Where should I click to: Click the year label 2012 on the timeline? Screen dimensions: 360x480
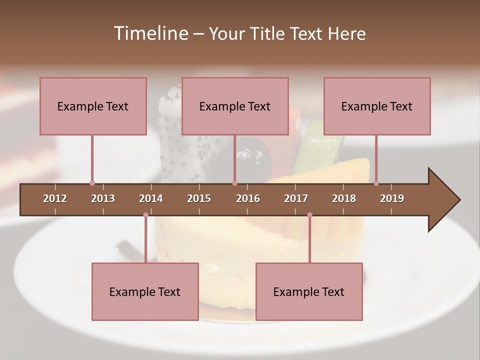pyautogui.click(x=55, y=198)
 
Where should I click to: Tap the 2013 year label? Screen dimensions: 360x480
pyautogui.click(x=103, y=198)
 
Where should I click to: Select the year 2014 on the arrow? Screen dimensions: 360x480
pyautogui.click(x=151, y=198)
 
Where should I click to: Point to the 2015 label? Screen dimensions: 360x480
pyautogui.click(x=199, y=198)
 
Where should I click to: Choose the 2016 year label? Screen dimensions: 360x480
pyautogui.click(x=248, y=198)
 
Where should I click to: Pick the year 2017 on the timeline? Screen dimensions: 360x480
pyautogui.click(x=296, y=198)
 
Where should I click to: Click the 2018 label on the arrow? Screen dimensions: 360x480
pyautogui.click(x=344, y=198)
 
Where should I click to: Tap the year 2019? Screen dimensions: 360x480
pyautogui.click(x=392, y=198)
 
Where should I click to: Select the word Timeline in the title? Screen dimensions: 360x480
pyautogui.click(x=149, y=33)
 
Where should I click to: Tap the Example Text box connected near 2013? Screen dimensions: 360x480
pyautogui.click(x=93, y=106)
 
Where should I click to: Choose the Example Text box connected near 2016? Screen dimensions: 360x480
pyautogui.click(x=235, y=106)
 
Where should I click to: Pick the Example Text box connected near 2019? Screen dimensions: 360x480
pyautogui.click(x=377, y=106)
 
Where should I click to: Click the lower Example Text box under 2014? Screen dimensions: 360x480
pyautogui.click(x=145, y=291)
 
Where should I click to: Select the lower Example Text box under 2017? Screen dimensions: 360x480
pyautogui.click(x=309, y=291)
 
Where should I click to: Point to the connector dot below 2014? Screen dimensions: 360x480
pyautogui.click(x=145, y=215)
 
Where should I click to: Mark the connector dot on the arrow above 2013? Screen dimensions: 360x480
pyautogui.click(x=92, y=183)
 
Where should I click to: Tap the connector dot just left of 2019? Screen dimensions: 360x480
pyautogui.click(x=376, y=183)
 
